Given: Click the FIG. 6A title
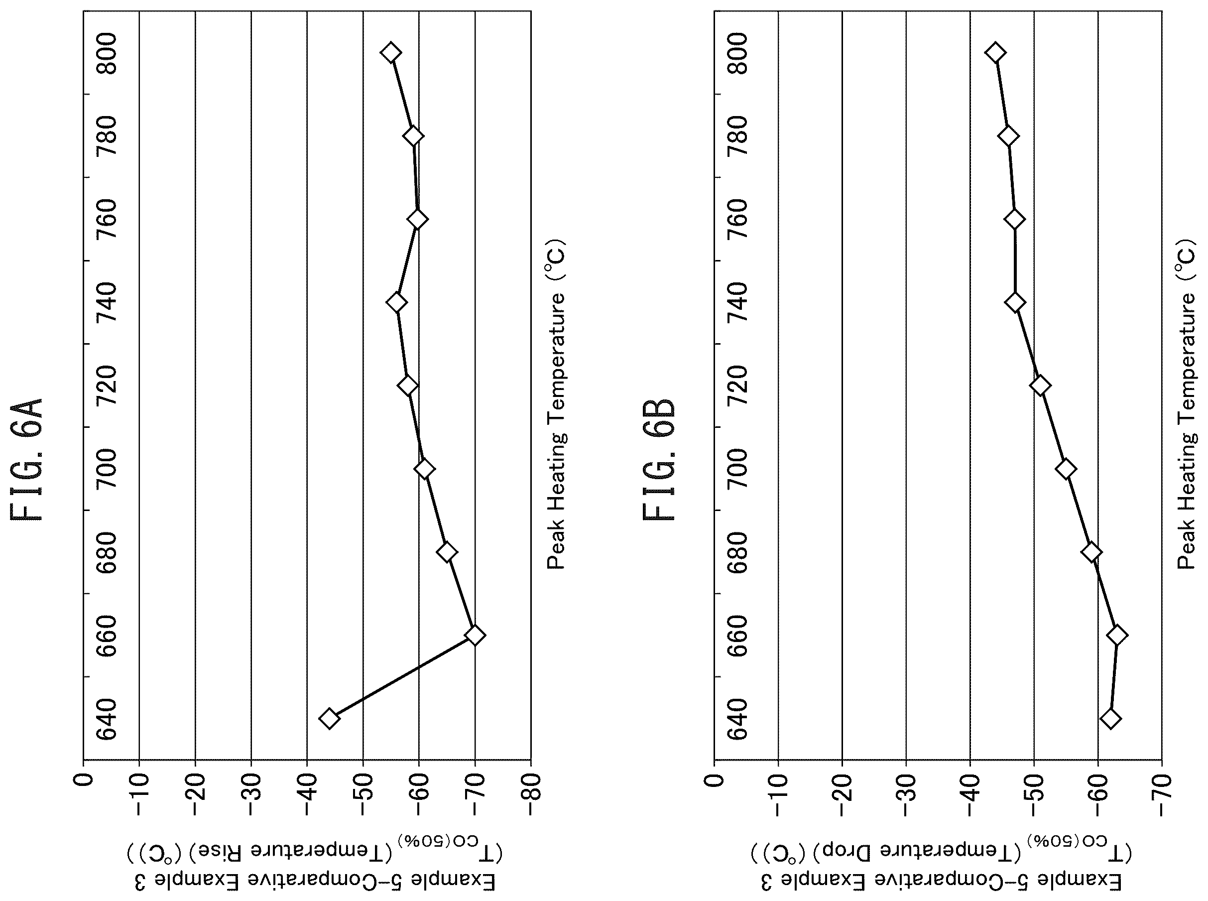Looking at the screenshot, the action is [27, 460].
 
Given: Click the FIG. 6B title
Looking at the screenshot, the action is [658, 460].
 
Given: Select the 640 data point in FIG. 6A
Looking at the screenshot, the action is [329, 719].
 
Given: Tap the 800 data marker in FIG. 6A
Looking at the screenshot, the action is [391, 53].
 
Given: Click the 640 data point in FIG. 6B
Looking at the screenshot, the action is [1110, 719].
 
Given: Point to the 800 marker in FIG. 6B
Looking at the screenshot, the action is [995, 53].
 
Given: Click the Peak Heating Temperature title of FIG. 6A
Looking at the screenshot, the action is [557, 403].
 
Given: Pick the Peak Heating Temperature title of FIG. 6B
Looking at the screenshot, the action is [1186, 403].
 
